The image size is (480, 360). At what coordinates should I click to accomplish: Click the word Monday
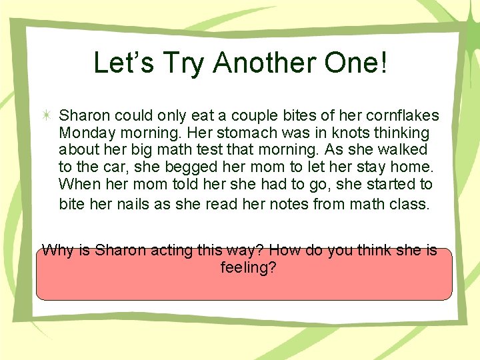[83, 133]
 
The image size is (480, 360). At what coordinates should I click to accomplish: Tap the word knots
[339, 133]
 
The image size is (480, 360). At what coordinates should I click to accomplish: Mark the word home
[411, 167]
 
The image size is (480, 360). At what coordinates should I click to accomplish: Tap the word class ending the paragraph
[408, 204]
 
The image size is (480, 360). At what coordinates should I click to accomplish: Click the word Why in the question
[57, 251]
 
